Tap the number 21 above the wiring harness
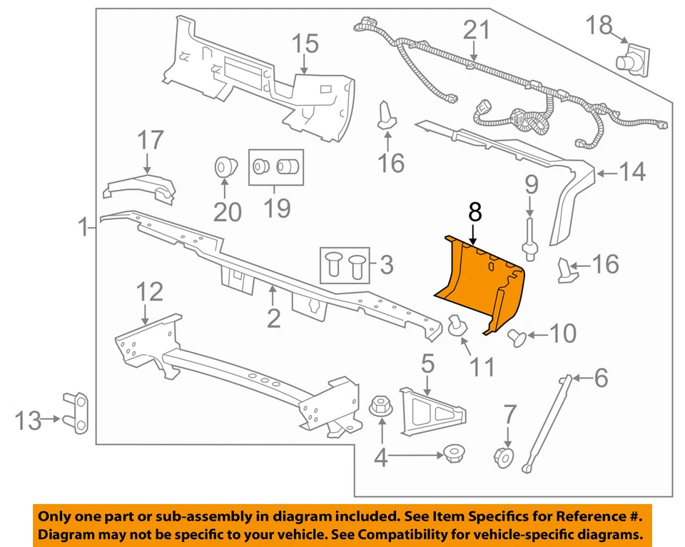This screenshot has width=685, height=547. click(478, 30)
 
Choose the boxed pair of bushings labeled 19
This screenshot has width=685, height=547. click(275, 167)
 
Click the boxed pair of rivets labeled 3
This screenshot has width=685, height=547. click(345, 265)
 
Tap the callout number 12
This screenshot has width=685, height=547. click(150, 291)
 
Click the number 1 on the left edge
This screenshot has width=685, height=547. click(83, 229)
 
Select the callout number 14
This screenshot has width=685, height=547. click(631, 172)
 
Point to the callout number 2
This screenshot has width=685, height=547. click(274, 318)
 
